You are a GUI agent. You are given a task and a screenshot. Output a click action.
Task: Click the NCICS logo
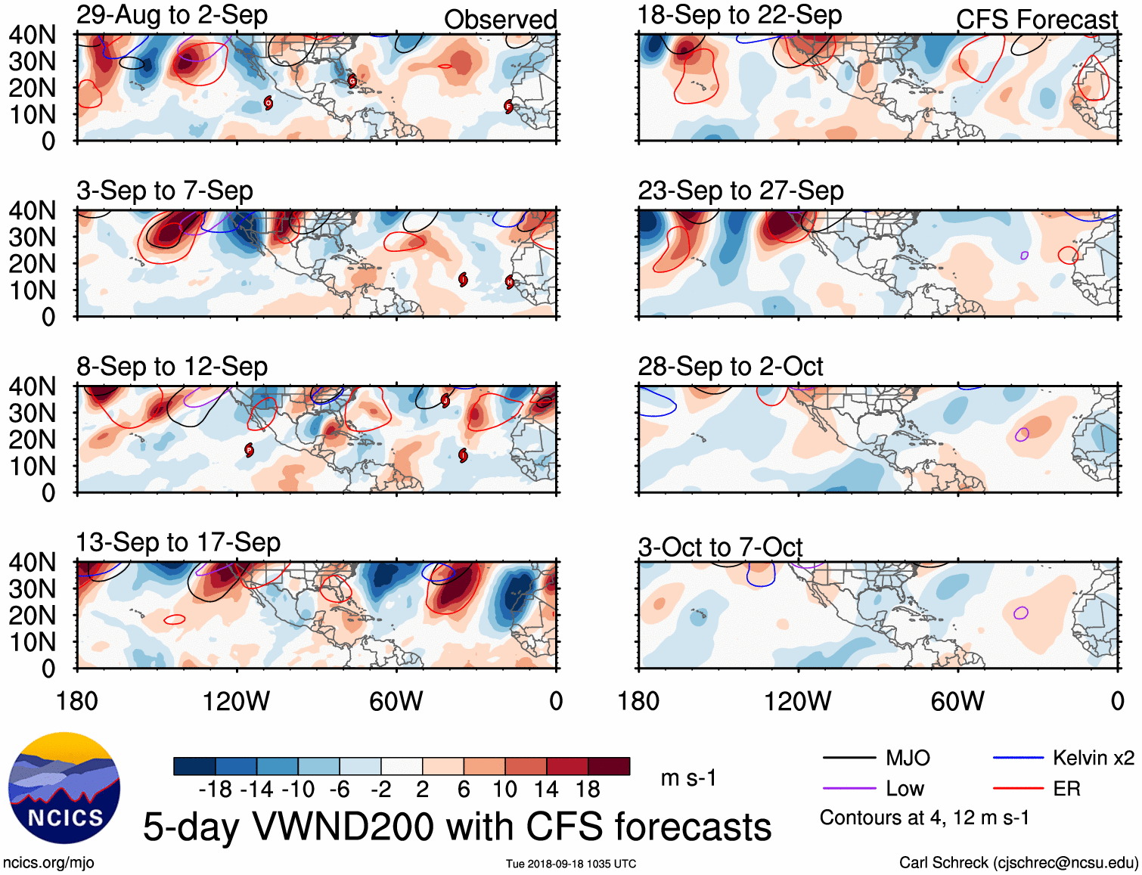point(64,787)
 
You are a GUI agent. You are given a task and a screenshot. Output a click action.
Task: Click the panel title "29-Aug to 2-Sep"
point(172,15)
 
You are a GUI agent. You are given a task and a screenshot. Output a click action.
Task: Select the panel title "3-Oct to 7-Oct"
point(720,547)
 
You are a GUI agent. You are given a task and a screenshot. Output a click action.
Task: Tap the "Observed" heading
point(500,20)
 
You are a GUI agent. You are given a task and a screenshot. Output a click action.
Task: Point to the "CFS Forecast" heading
point(1036,20)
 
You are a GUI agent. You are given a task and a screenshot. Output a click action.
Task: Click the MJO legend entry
point(908,758)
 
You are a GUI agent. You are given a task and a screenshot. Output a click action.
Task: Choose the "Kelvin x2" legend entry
point(1093,758)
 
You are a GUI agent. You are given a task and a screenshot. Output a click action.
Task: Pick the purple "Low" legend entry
point(905,789)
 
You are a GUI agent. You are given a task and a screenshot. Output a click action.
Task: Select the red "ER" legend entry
point(1066,789)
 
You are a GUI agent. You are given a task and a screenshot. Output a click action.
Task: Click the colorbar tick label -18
point(216,790)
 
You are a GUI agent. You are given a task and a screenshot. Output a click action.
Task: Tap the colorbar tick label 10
point(504,790)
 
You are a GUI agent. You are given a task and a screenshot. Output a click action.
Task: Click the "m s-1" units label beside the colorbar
point(688,777)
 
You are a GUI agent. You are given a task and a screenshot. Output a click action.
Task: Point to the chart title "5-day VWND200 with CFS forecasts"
point(457,827)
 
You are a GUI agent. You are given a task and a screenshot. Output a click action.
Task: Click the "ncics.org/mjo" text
point(48,862)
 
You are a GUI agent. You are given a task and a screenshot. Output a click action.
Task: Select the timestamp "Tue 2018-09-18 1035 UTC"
point(571,864)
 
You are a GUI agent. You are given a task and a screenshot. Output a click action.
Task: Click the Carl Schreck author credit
point(1018,862)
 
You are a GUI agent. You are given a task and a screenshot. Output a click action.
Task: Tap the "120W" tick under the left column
point(236,701)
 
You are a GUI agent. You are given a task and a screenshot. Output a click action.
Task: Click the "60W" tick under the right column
point(957,701)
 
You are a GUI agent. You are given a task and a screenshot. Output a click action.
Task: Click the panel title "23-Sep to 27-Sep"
point(740,191)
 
